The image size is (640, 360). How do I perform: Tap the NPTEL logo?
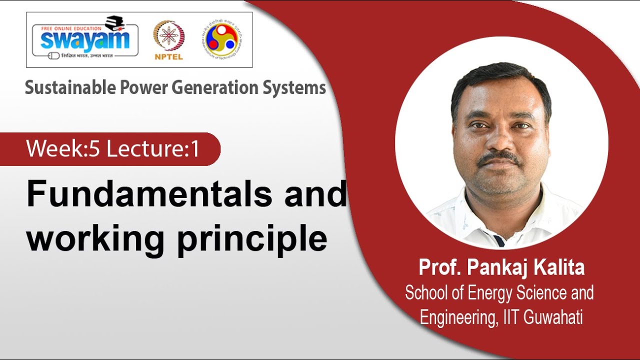[169, 40]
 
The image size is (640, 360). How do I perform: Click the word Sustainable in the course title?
[70, 88]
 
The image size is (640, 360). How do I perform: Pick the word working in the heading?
[95, 239]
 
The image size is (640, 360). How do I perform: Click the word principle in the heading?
[252, 239]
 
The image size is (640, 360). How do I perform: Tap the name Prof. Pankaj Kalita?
[501, 268]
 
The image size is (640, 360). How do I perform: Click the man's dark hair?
[500, 80]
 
